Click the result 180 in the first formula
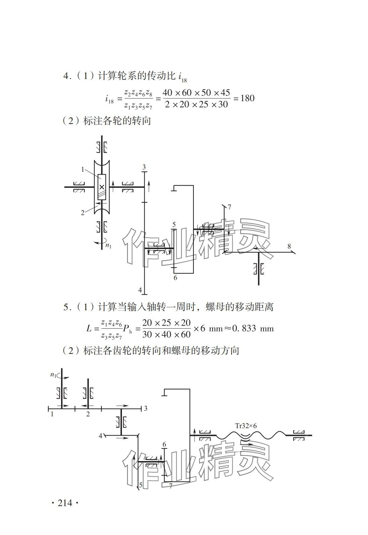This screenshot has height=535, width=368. (x=247, y=98)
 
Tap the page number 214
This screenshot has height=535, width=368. (x=65, y=503)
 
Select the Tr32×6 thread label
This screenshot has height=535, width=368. (x=246, y=425)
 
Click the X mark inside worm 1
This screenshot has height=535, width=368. (x=102, y=187)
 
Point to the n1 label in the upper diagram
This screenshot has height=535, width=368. (x=108, y=245)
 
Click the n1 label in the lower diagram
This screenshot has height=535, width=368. (x=53, y=375)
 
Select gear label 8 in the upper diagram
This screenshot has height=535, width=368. (x=289, y=246)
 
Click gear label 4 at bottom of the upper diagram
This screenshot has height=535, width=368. (x=140, y=290)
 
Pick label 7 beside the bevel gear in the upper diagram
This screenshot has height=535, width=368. (x=229, y=207)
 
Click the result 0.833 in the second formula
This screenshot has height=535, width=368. (x=244, y=328)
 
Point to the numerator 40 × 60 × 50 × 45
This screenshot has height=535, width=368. (x=196, y=93)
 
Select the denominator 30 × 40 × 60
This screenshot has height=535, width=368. (x=166, y=334)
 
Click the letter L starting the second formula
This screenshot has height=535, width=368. (x=89, y=328)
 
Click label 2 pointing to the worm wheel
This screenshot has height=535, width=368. (x=83, y=213)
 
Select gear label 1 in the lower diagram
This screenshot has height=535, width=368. (x=52, y=414)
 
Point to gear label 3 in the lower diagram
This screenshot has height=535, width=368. (x=146, y=408)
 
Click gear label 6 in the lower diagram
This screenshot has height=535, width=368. (x=164, y=445)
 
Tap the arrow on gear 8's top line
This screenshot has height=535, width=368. (x=258, y=249)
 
